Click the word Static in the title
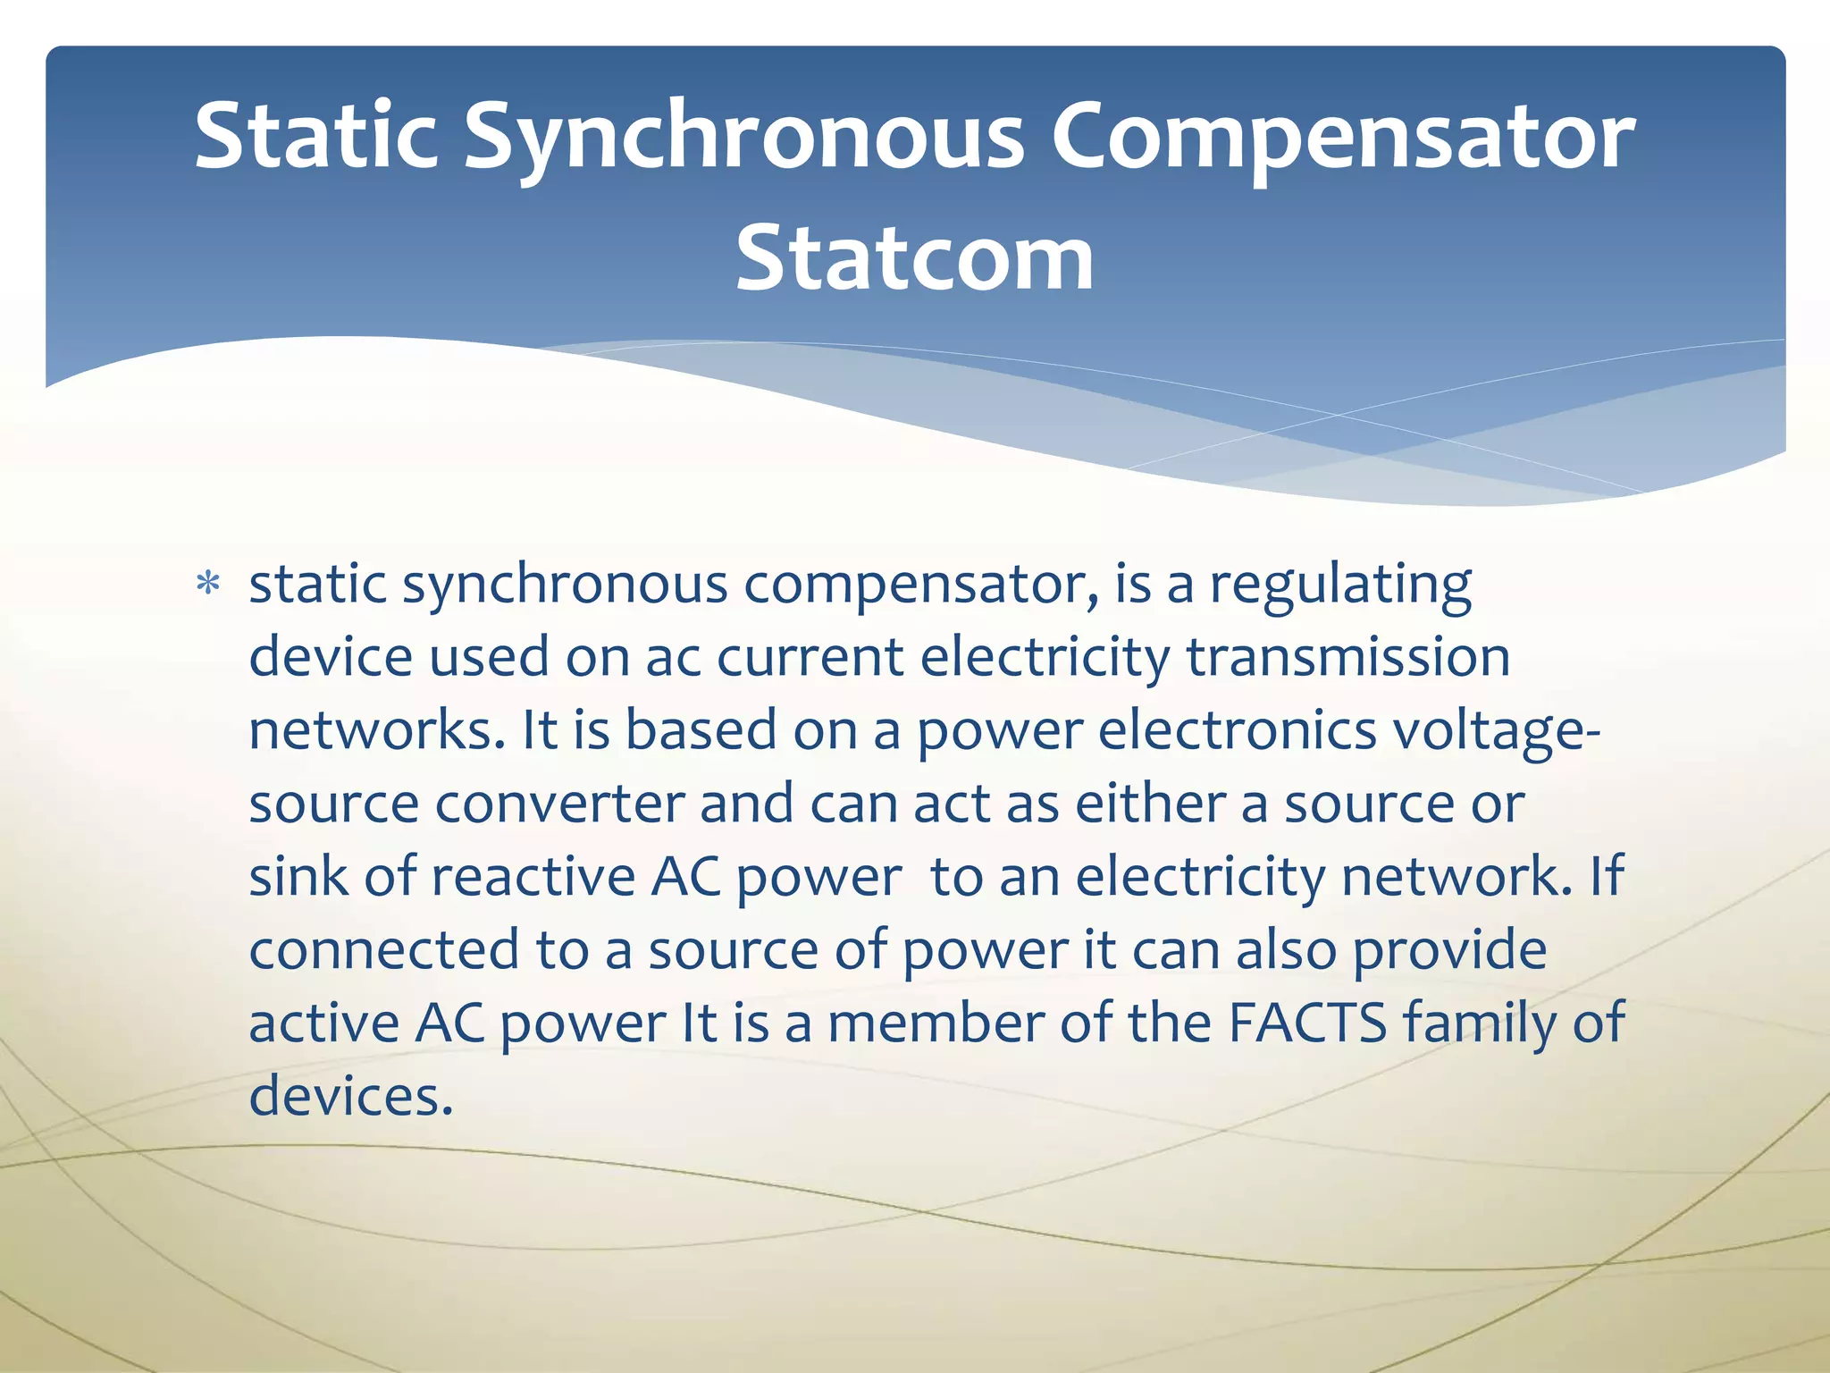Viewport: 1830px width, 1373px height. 315,136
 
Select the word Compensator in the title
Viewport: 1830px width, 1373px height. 1342,136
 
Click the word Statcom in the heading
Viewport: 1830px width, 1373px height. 914,258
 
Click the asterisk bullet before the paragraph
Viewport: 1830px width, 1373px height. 208,585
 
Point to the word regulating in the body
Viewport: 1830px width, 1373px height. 1340,585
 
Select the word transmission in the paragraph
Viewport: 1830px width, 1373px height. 1347,658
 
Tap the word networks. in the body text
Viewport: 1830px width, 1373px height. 375,731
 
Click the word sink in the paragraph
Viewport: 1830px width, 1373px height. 298,877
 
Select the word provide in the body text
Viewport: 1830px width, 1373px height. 1449,950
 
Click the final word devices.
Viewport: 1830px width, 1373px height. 351,1097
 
